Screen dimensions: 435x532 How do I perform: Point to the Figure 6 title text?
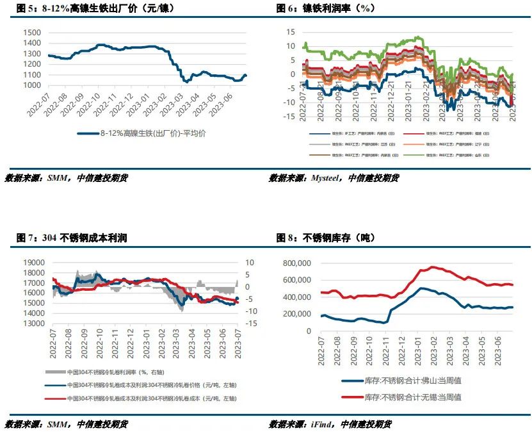pyautogui.click(x=326, y=8)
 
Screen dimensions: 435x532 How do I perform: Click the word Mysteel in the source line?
pyautogui.click(x=326, y=178)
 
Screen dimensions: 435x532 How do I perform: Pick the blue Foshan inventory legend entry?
pyautogui.click(x=412, y=381)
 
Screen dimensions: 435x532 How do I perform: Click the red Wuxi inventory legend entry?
pyautogui.click(x=412, y=397)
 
